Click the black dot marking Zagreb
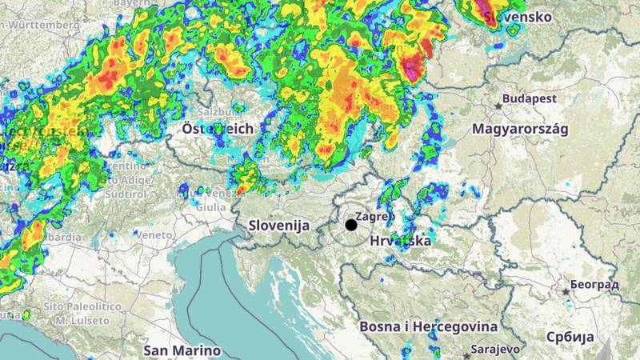tap(351, 225)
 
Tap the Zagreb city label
tap(375, 216)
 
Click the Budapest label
tap(534, 98)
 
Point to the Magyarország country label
tap(519, 129)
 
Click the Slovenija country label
tap(278, 226)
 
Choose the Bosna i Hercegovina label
tap(428, 326)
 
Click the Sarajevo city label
tap(496, 350)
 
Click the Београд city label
tap(594, 286)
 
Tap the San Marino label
tap(182, 350)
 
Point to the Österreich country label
tap(217, 128)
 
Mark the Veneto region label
tap(154, 235)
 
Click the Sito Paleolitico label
tap(82, 306)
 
